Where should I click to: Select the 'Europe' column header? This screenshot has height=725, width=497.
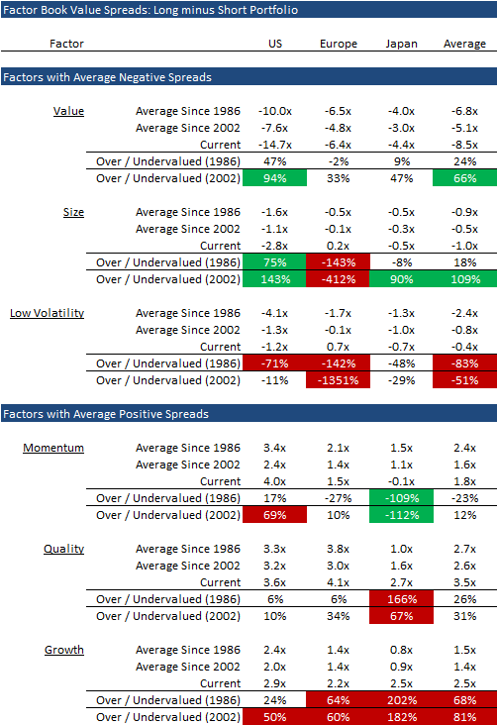339,44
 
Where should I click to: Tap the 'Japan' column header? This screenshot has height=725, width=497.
401,44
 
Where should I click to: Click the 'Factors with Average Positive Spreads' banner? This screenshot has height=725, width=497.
105,413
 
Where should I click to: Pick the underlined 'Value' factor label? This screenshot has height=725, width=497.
68,111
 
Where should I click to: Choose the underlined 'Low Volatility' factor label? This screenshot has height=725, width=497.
47,313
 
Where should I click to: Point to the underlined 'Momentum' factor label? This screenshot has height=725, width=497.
53,448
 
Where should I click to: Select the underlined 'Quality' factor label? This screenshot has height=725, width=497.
63,549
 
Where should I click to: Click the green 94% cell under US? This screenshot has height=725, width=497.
275,178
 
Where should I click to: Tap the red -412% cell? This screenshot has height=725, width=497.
339,279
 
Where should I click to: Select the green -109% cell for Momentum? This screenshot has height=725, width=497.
401,497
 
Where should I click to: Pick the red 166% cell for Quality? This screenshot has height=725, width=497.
401,598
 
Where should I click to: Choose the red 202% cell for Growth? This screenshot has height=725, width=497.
401,699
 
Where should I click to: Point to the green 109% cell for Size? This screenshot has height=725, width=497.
464,279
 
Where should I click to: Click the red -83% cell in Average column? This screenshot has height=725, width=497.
464,363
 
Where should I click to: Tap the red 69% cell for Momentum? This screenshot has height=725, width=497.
275,515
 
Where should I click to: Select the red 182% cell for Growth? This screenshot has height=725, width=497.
401,716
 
